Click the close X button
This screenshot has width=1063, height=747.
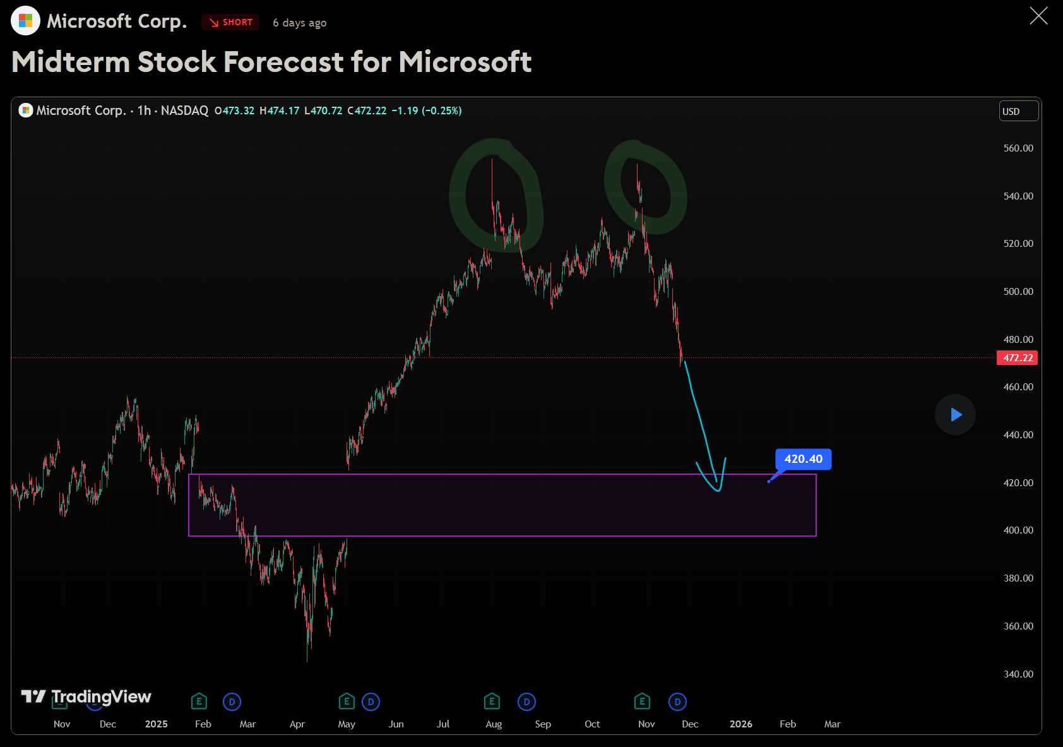[1038, 16]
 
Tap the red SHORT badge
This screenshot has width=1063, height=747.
[230, 22]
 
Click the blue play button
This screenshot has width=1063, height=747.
[955, 415]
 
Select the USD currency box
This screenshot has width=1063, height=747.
[1018, 111]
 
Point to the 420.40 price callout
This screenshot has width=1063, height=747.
[803, 459]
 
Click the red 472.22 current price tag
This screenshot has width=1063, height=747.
[1017, 358]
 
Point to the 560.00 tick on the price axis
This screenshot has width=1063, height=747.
[1018, 148]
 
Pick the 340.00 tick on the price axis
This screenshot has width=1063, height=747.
[1018, 674]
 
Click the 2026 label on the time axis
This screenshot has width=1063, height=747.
[740, 724]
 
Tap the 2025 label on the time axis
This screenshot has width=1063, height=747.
[156, 724]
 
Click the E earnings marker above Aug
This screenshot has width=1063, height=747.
[492, 702]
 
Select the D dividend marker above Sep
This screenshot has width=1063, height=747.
[526, 702]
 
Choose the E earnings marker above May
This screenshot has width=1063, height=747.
[347, 702]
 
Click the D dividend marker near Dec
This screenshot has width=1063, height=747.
[677, 702]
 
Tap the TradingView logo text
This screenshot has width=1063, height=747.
[101, 696]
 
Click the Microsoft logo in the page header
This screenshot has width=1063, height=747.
[25, 21]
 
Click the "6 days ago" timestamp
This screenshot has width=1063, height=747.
[299, 23]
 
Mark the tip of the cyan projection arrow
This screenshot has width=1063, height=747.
[719, 490]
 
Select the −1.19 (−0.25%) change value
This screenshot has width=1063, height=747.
[426, 111]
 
